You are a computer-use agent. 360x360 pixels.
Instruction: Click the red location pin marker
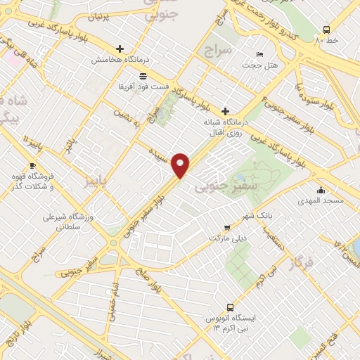pos(181,165)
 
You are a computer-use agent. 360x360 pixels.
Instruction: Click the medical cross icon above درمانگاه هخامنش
pos(120,49)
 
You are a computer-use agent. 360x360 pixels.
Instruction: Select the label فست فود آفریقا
pos(143,86)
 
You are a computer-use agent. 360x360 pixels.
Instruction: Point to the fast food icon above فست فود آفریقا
pos(143,75)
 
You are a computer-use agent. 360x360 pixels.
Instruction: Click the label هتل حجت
pos(260,65)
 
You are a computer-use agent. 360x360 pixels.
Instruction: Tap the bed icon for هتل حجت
pos(260,54)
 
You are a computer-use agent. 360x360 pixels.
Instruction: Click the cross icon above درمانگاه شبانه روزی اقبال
pos(225,111)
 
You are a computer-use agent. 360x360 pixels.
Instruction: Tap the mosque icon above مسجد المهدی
pos(321,190)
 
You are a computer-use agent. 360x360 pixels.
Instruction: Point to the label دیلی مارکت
pos(227,238)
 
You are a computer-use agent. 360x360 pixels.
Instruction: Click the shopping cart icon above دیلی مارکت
pos(226,227)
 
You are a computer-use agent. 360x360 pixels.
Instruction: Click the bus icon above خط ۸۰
pos(326,30)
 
